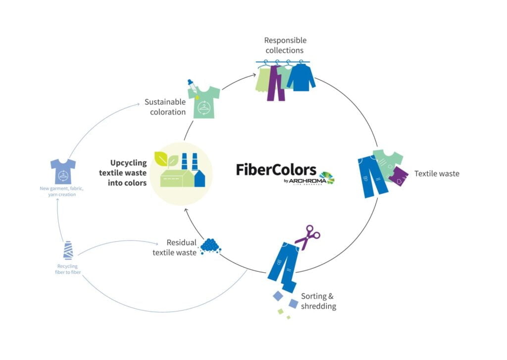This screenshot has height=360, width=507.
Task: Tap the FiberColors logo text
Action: point(275,169)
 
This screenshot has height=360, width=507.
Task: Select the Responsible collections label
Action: point(285,45)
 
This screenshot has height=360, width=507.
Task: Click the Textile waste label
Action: point(437,173)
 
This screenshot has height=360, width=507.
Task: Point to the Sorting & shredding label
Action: point(318,301)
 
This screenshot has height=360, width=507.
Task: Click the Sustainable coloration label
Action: point(165,106)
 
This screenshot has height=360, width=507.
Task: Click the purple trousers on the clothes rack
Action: point(276,84)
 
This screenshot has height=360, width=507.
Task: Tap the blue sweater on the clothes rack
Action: point(301,78)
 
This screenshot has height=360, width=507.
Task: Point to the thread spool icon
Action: point(68,250)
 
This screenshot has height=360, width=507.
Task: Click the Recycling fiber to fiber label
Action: point(66,269)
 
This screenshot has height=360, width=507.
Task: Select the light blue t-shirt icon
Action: point(63,171)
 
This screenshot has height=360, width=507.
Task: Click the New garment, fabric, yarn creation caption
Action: point(58,191)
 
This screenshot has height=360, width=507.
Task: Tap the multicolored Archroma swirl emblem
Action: point(326,177)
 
